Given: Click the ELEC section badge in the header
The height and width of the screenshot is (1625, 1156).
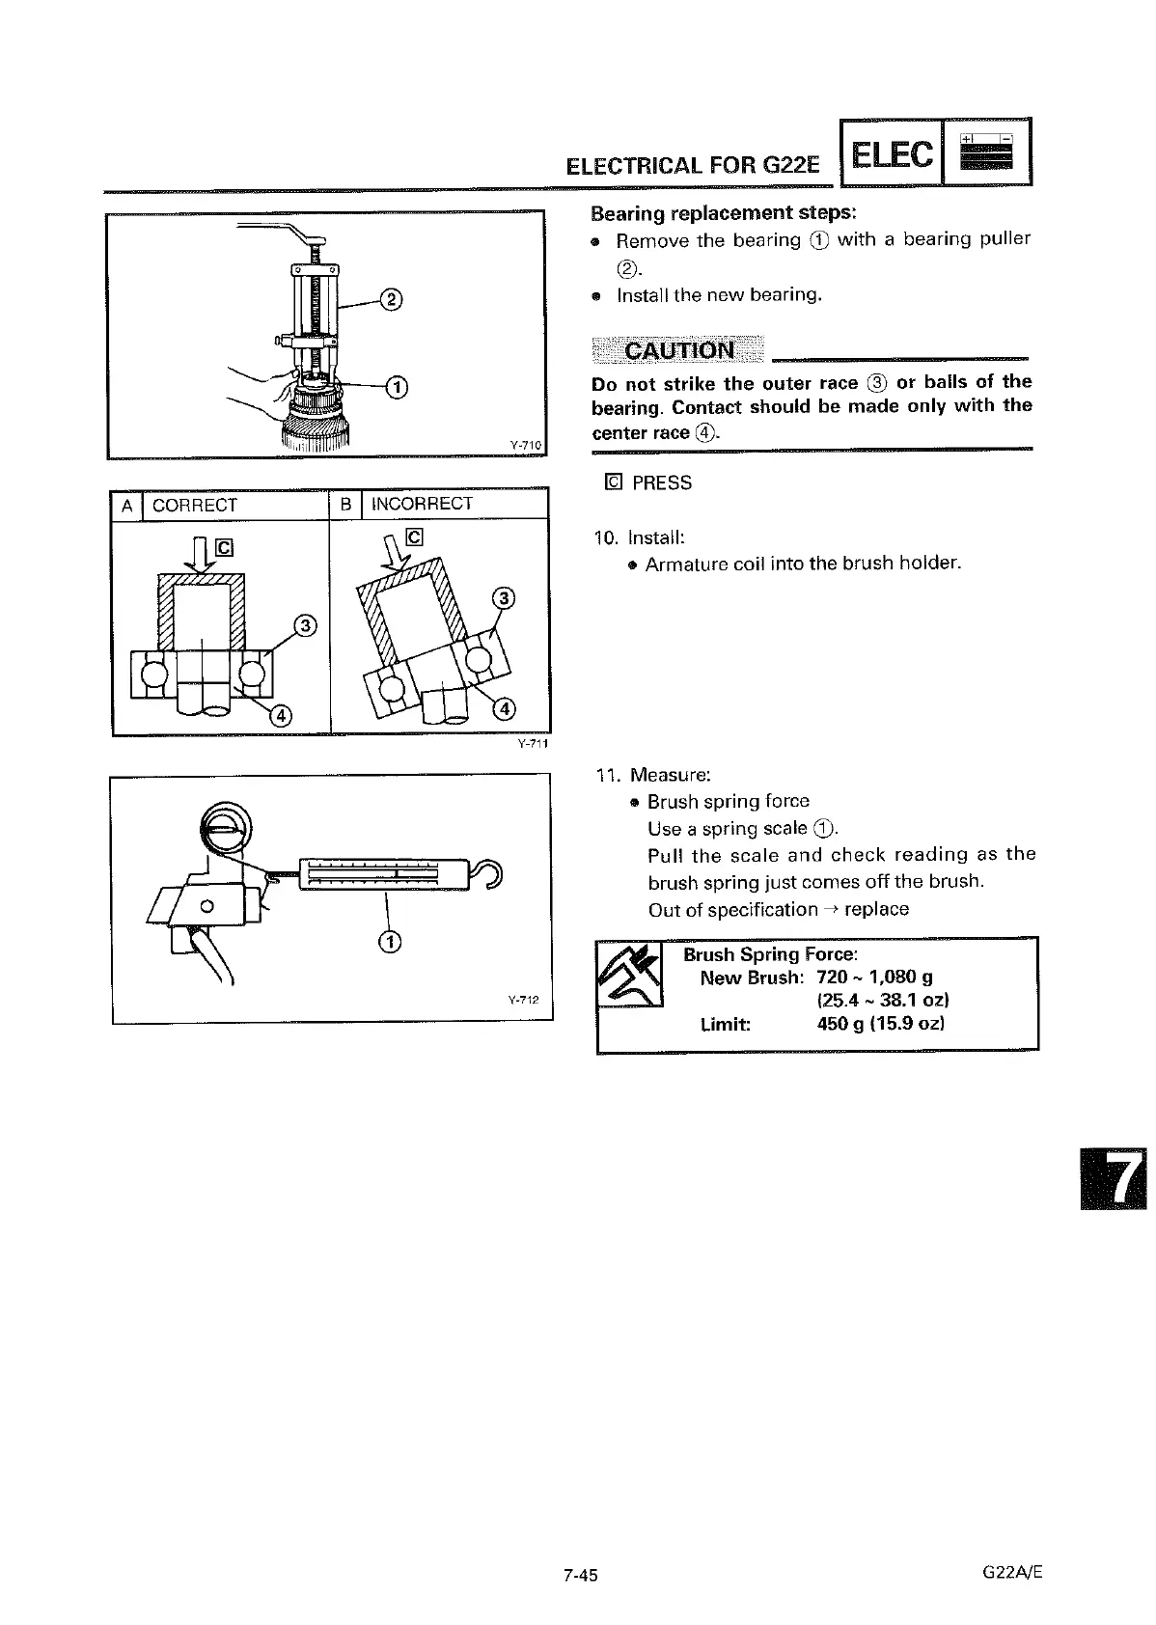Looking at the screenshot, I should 894,153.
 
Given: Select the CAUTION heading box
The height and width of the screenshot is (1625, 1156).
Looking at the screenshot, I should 678,349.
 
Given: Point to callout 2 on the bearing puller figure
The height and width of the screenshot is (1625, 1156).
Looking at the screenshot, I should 391,299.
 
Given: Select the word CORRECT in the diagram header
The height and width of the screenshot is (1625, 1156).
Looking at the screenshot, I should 194,505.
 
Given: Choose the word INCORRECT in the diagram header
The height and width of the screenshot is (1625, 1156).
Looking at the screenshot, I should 422,504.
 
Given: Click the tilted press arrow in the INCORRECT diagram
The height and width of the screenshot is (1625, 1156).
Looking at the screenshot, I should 395,554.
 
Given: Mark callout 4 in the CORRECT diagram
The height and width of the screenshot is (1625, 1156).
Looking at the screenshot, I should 279,715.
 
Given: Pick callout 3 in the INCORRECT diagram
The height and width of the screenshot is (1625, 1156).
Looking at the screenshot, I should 503,598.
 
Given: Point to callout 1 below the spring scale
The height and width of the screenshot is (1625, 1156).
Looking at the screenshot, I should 388,943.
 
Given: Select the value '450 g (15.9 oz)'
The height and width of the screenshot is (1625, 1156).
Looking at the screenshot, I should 880,1024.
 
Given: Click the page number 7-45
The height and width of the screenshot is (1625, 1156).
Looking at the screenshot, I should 581,1575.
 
